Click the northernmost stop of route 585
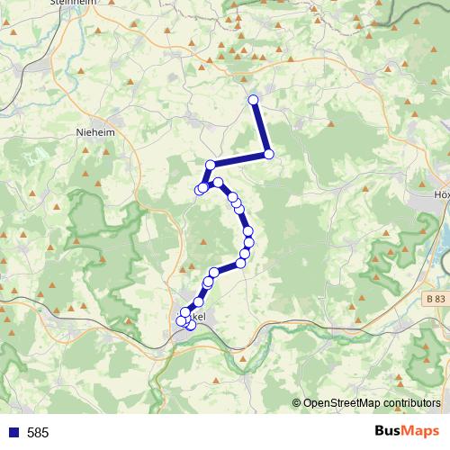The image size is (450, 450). [x=253, y=100]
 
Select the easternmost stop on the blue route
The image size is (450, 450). [x=268, y=155]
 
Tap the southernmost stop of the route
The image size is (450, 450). [x=190, y=326]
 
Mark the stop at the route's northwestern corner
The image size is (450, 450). [x=210, y=165]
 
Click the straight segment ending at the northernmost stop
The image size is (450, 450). [x=260, y=127]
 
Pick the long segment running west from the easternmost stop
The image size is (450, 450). [x=238, y=160]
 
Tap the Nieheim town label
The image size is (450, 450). [x=94, y=131]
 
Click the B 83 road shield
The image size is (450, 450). [x=436, y=299]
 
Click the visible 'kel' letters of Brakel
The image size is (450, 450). [x=200, y=318]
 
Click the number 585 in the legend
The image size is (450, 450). [x=38, y=433]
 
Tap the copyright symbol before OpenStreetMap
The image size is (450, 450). [x=297, y=404]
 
